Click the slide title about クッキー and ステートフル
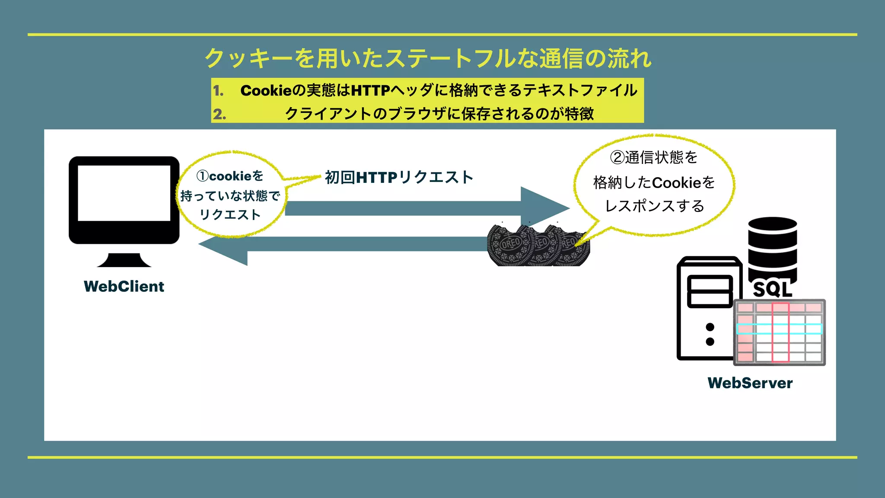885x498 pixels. pyautogui.click(x=428, y=58)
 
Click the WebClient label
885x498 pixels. pyautogui.click(x=124, y=287)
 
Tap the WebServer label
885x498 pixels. pyautogui.click(x=750, y=383)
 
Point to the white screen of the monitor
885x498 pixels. pyautogui.click(x=124, y=193)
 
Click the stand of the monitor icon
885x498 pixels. pyautogui.click(x=124, y=260)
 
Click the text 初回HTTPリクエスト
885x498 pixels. pyautogui.click(x=399, y=177)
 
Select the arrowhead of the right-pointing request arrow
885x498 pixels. pyautogui.click(x=544, y=208)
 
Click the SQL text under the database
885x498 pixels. pyautogui.click(x=772, y=289)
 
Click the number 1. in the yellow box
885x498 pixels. pyautogui.click(x=218, y=91)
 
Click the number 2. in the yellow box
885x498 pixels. pyautogui.click(x=219, y=114)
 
